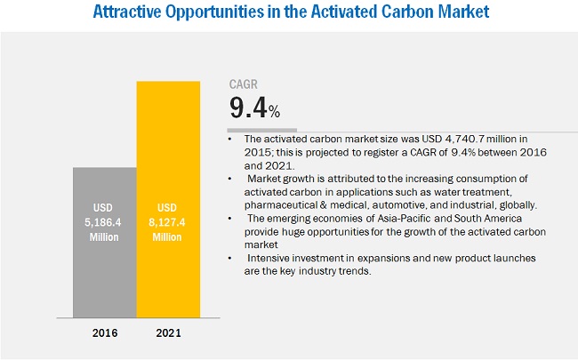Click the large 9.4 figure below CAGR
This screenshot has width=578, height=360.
click(248, 108)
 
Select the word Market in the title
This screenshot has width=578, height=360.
click(454, 13)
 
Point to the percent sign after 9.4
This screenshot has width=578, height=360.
click(275, 112)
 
